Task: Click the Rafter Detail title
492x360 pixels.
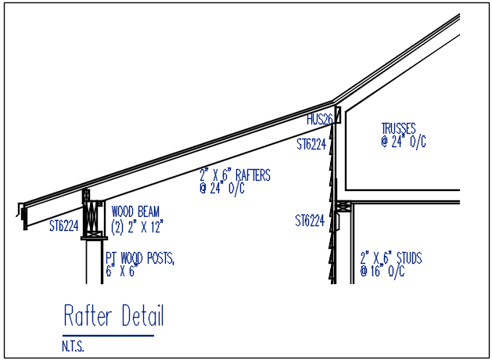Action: [x=113, y=315]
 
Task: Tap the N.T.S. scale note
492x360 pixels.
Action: [x=73, y=346]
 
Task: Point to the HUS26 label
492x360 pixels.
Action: [x=319, y=119]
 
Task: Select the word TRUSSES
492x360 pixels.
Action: [x=398, y=128]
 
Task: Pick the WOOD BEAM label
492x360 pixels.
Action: [x=135, y=211]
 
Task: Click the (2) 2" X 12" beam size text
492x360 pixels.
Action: [x=137, y=227]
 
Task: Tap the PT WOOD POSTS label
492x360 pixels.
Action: [x=140, y=258]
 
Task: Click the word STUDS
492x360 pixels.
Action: [x=409, y=258]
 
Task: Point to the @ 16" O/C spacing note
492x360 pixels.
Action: [x=382, y=272]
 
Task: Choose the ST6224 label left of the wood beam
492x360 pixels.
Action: [x=64, y=225]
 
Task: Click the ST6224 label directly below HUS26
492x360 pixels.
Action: [x=311, y=144]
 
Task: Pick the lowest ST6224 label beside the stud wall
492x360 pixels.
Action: [x=310, y=221]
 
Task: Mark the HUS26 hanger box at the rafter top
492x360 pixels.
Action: [x=338, y=115]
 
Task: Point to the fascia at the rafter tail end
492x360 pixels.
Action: [x=24, y=217]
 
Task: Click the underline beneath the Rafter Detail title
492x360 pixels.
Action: [x=108, y=336]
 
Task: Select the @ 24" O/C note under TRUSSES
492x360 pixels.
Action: [x=404, y=142]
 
